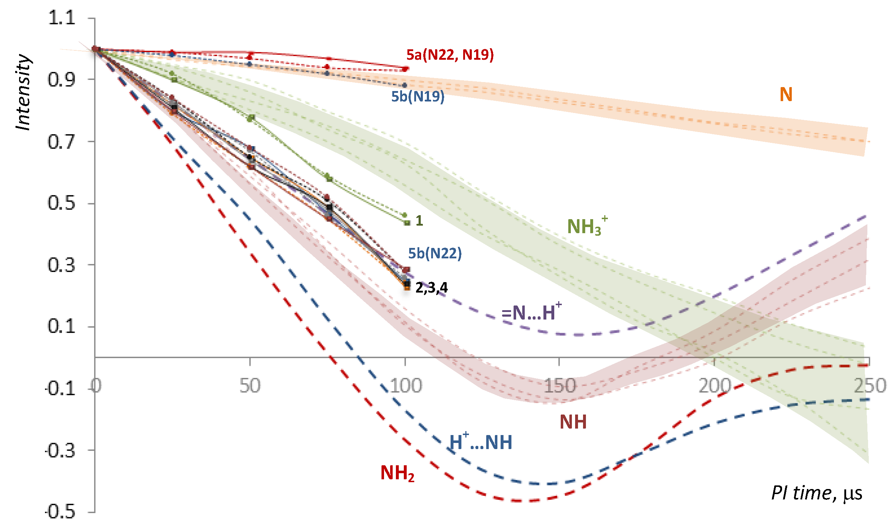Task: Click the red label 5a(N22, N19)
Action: [450, 55]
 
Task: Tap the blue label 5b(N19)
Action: [418, 96]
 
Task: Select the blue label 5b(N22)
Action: [435, 254]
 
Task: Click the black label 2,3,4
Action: [432, 288]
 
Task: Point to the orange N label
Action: [786, 95]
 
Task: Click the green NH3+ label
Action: [587, 226]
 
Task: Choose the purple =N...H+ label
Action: [531, 312]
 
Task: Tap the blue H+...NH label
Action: [481, 442]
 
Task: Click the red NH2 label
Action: [397, 473]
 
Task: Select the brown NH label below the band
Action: [573, 422]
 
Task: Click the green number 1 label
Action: [419, 221]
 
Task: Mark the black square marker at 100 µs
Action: [407, 284]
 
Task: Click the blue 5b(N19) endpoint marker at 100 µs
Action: [405, 85]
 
